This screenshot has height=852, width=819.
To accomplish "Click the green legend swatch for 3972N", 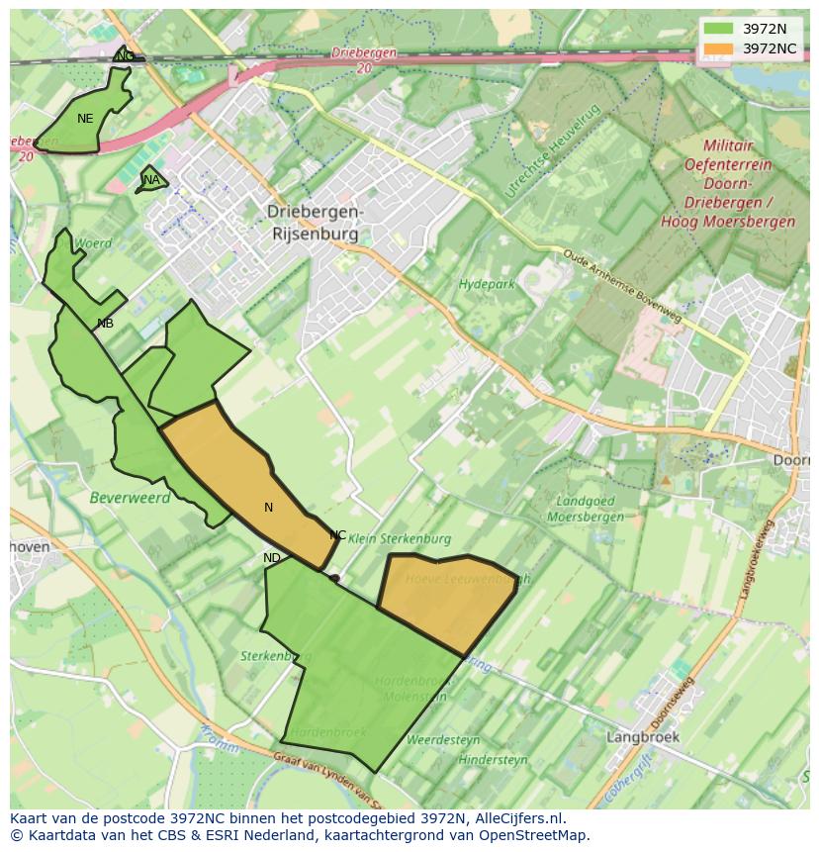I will point(720,29).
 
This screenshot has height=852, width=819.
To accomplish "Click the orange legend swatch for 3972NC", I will point(720,48).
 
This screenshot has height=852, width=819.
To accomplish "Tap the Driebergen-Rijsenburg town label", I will point(316,223).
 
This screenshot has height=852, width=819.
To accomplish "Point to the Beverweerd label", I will point(130,498).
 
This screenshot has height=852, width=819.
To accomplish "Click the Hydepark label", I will point(487,285).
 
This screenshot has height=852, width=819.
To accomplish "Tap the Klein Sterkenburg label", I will point(400,539).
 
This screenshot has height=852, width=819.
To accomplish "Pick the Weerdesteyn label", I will point(443,740).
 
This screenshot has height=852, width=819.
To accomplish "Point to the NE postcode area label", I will point(85,119).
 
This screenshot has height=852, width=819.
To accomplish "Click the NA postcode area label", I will point(151,180).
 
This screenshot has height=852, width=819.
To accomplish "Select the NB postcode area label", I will point(105,324).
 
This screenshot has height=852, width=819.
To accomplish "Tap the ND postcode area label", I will point(272,558).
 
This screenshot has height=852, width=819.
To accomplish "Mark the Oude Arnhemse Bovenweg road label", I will point(622,285).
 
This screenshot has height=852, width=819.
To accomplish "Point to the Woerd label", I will point(94,243).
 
